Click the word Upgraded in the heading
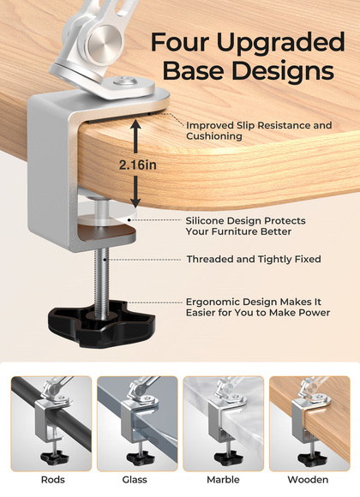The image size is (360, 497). (280, 43)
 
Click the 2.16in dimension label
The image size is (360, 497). (138, 165)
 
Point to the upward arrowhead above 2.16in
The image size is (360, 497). (135, 125)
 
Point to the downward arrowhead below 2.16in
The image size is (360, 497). (135, 202)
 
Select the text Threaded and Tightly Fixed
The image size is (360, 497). (254, 260)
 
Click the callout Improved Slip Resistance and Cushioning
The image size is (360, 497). (259, 130)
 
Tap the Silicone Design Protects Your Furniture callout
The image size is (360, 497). (245, 226)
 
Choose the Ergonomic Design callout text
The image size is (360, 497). (257, 307)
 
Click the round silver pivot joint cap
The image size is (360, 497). (104, 40)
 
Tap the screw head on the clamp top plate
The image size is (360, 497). (126, 81)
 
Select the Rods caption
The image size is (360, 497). (53, 480)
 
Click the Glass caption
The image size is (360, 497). (135, 480)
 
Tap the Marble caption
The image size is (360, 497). (223, 480)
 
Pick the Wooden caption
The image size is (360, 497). (308, 480)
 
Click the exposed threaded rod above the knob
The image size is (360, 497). (101, 276)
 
